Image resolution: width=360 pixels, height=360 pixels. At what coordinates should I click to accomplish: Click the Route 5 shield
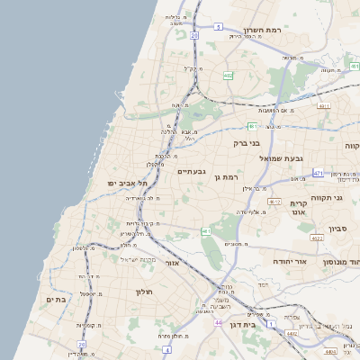click(219, 27)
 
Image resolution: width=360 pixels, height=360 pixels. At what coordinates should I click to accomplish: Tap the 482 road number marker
click(229, 76)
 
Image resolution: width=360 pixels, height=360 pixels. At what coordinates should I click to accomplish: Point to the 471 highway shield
click(319, 171)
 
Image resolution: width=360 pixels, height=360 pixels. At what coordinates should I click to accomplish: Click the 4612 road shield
click(274, 202)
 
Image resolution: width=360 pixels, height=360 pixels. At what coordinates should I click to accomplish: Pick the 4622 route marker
click(316, 238)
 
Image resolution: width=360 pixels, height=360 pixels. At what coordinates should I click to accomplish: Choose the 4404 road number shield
click(333, 352)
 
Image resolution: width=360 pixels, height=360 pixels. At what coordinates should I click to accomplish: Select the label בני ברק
click(246, 142)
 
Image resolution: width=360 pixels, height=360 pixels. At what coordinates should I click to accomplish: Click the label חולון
click(145, 292)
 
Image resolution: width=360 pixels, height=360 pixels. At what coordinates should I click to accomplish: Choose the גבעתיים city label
click(193, 171)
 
